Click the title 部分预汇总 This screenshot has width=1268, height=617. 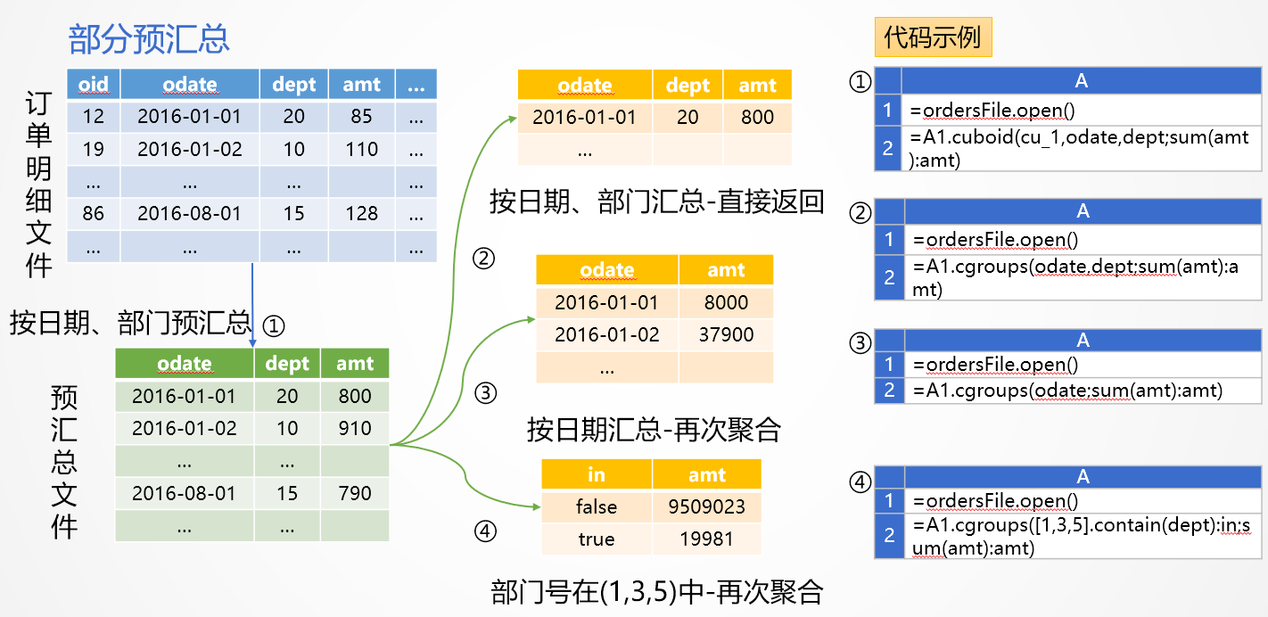pyautogui.click(x=149, y=38)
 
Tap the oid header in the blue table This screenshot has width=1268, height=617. pyautogui.click(x=94, y=85)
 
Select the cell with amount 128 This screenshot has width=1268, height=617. pyautogui.click(x=362, y=214)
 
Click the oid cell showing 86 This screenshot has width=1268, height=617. pyautogui.click(x=94, y=214)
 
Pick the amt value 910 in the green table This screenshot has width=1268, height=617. pyautogui.click(x=355, y=428)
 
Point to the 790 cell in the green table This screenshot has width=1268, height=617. pyautogui.click(x=355, y=493)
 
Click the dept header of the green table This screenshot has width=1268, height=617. pyautogui.click(x=287, y=364)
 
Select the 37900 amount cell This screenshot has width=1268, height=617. pyautogui.click(x=726, y=334)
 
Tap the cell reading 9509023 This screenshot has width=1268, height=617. pyautogui.click(x=706, y=506)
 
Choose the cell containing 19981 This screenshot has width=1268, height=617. pyautogui.click(x=706, y=539)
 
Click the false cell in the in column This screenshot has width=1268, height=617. pyautogui.click(x=597, y=506)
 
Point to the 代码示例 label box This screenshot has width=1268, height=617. pyautogui.click(x=932, y=37)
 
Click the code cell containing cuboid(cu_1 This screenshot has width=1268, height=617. pyautogui.click(x=1080, y=147)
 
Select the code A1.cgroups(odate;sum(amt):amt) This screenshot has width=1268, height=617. pyautogui.click(x=1067, y=391)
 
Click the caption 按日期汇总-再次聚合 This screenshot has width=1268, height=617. pyautogui.click(x=654, y=431)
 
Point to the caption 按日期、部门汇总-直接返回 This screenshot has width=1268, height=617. pyautogui.click(x=656, y=202)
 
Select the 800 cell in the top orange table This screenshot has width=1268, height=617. pyautogui.click(x=757, y=117)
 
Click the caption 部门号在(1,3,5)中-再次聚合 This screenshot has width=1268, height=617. pyautogui.click(x=656, y=591)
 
